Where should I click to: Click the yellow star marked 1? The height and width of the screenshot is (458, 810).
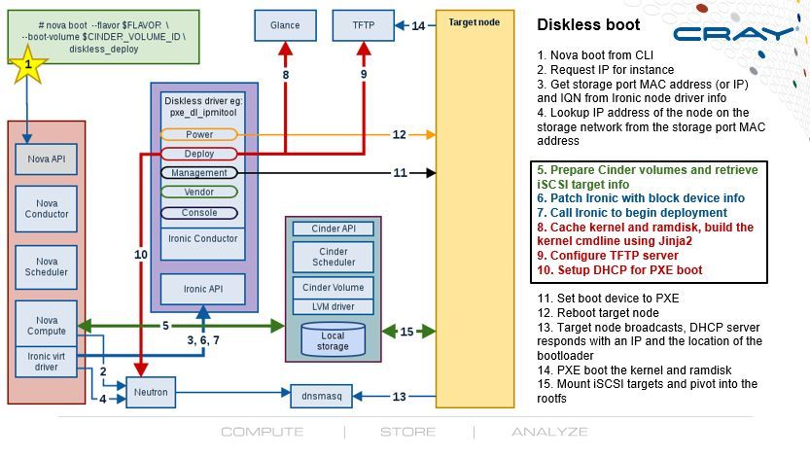(x=29, y=65)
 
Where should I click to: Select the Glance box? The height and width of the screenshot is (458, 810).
(x=285, y=25)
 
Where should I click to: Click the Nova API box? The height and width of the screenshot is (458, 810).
(x=38, y=158)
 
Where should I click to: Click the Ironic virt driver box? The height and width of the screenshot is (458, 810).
(x=38, y=362)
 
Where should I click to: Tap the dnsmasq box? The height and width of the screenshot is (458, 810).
(x=321, y=397)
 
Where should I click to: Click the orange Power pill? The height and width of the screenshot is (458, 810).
(x=199, y=134)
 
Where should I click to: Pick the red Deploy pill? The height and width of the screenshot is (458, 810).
(x=199, y=154)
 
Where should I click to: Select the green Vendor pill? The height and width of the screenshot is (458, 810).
(x=199, y=193)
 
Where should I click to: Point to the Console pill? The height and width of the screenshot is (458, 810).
(x=199, y=212)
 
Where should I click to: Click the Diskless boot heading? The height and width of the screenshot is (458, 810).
(x=588, y=25)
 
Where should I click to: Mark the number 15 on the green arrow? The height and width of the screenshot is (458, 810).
(x=406, y=332)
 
